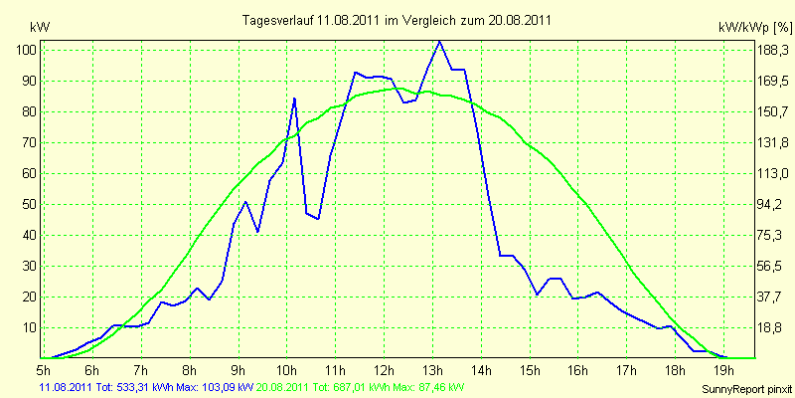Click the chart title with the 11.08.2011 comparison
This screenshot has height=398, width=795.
[397, 21]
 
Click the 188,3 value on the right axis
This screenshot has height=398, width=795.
[774, 51]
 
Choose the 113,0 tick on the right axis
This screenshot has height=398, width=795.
[774, 174]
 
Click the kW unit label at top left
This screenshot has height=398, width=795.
[40, 28]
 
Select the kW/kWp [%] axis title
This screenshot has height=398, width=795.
[754, 28]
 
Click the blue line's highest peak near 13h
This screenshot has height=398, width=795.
[439, 42]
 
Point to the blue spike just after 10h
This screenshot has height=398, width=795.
[294, 99]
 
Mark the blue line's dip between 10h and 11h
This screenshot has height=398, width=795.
[318, 218]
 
